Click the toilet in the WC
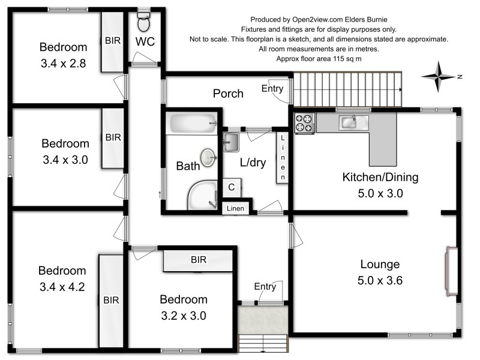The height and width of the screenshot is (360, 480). [143, 22]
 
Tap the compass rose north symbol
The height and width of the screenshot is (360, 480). [439, 77]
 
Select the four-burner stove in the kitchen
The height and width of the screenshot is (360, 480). [305, 123]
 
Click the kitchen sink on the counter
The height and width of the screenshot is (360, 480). [353, 123]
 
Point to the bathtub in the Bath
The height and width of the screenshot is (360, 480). [191, 123]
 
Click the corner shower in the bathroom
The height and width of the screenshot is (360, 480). [203, 196]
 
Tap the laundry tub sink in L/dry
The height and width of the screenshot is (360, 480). [231, 142]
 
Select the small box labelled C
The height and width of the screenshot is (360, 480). [232, 187]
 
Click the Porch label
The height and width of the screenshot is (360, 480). [228, 94]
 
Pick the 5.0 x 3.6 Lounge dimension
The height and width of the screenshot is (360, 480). [380, 280]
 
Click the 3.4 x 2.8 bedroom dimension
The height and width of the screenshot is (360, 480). [64, 64]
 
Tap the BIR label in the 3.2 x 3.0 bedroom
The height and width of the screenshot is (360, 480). [199, 260]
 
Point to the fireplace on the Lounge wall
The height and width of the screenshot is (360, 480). [452, 271]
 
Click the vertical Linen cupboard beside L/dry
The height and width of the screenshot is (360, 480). [283, 157]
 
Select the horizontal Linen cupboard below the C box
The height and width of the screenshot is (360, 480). [235, 208]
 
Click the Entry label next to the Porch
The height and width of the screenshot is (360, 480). [272, 88]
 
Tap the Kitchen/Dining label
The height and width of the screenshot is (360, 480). [380, 177]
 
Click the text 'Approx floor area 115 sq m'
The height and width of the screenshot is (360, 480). [319, 58]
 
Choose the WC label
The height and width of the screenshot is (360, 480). [145, 41]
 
